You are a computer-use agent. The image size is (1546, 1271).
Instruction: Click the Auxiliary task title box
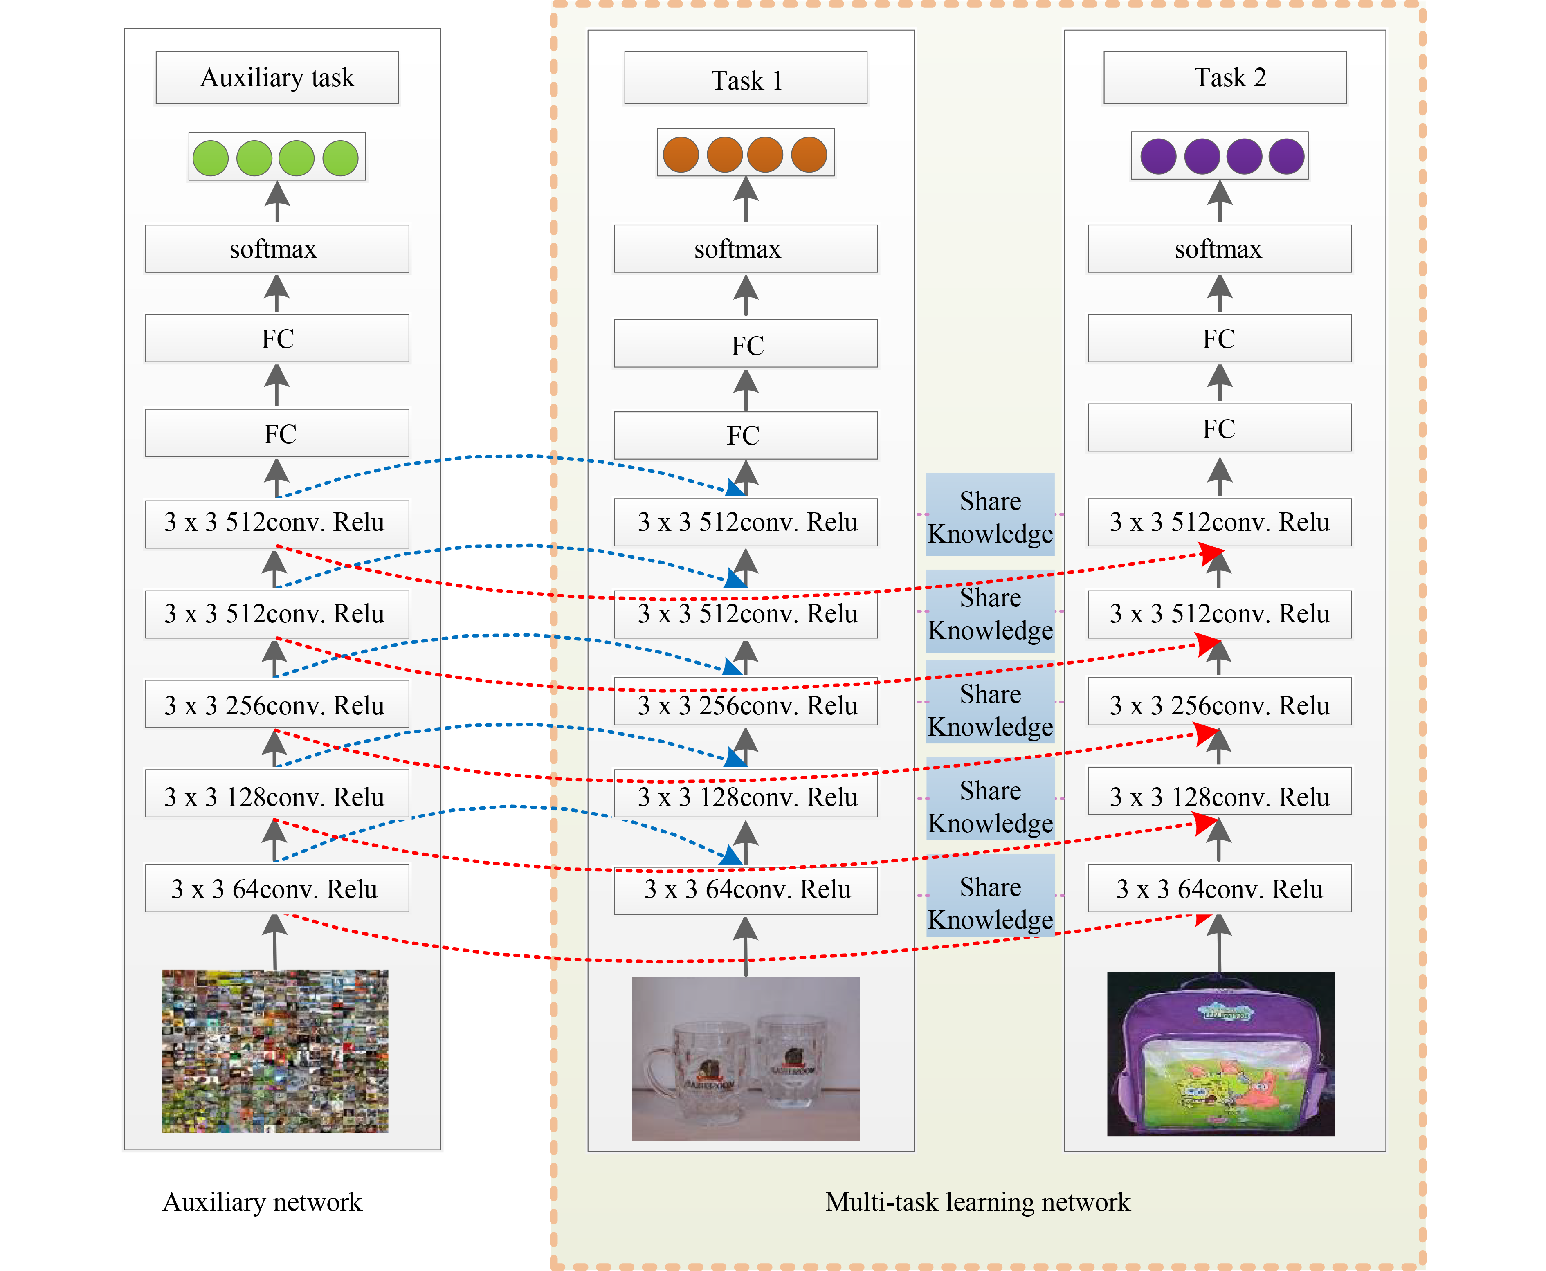pyautogui.click(x=277, y=78)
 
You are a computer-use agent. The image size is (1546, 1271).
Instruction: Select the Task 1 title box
pyautogui.click(x=746, y=79)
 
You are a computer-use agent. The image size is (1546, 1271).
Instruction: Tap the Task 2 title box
pyautogui.click(x=1225, y=78)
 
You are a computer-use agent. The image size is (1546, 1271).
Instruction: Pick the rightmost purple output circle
pyautogui.click(x=1287, y=157)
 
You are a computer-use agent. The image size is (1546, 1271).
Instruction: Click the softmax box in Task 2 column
pyautogui.click(x=1219, y=249)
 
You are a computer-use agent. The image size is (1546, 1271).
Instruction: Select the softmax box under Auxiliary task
pyautogui.click(x=277, y=249)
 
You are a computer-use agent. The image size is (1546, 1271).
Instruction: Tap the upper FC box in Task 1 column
pyautogui.click(x=746, y=344)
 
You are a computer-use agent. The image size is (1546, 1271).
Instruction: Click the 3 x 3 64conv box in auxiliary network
pyautogui.click(x=277, y=888)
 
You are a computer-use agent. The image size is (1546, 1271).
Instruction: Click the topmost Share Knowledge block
pyautogui.click(x=990, y=515)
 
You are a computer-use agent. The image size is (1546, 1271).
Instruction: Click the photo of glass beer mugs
pyautogui.click(x=746, y=1058)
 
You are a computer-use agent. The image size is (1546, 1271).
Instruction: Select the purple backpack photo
pyautogui.click(x=1220, y=1054)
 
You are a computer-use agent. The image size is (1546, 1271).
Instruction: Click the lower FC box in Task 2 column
pyautogui.click(x=1219, y=428)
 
